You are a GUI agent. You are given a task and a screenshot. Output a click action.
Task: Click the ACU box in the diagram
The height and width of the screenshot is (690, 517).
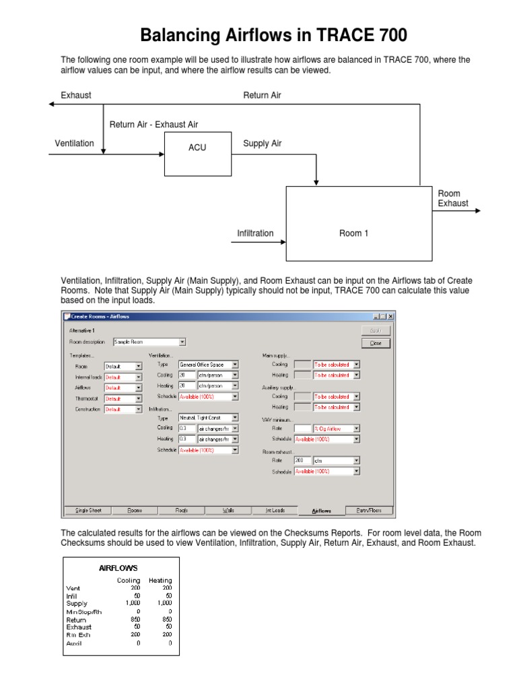coord(197,148)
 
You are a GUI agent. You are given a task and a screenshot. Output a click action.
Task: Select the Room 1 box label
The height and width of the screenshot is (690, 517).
coord(353,233)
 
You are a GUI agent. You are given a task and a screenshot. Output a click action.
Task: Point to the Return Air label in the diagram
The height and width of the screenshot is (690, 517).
coord(262,95)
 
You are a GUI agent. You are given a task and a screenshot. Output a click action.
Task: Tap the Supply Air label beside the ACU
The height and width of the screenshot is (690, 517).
coord(262,144)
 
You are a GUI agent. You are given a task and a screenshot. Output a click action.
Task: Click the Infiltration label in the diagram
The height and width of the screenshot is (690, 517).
coord(255,233)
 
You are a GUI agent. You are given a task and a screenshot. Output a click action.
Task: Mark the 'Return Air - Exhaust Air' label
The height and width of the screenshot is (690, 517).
coord(153,125)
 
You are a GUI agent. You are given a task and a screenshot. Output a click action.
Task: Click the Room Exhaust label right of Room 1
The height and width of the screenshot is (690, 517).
coord(453,198)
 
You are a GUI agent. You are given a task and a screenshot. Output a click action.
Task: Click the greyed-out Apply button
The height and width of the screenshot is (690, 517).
coord(375,331)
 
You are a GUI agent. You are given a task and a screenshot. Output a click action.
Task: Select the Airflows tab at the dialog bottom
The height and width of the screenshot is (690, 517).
coord(321,510)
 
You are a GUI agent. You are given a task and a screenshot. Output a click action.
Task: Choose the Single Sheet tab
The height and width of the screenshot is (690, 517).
coord(88,510)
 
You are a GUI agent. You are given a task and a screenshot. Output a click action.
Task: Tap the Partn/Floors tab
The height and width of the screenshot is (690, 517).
coord(368,510)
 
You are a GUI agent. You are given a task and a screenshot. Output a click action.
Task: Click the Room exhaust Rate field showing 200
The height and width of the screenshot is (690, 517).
coord(303,461)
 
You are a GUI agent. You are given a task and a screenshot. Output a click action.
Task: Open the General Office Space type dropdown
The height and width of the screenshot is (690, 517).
coord(208,364)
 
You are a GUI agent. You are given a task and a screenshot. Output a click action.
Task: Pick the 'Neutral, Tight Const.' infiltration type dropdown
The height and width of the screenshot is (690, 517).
coord(208,418)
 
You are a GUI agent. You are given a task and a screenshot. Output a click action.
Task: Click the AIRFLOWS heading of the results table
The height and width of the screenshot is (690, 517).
coord(118,567)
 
